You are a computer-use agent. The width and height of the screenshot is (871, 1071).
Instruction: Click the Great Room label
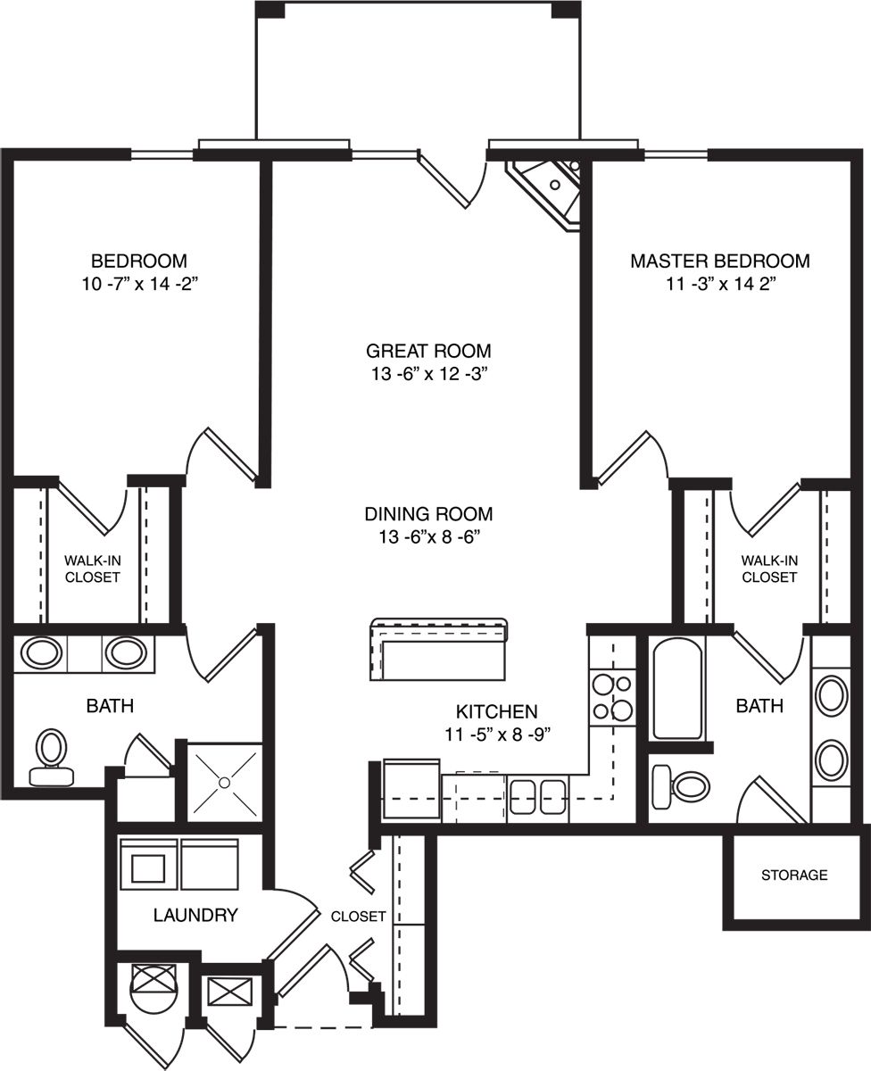[x=428, y=351]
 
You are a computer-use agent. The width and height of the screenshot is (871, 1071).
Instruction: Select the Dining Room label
[x=428, y=514]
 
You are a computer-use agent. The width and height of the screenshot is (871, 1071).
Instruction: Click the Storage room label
[x=794, y=876]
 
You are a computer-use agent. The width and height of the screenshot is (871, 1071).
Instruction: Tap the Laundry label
[x=195, y=915]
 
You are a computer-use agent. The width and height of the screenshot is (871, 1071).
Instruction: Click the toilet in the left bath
[x=52, y=757]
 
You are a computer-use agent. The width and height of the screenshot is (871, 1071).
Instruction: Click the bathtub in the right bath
[x=677, y=692]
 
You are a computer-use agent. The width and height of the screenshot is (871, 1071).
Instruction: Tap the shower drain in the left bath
[x=225, y=783]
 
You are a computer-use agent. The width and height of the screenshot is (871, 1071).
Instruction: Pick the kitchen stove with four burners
[x=612, y=697]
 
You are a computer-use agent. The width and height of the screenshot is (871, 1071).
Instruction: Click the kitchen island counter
[x=438, y=649]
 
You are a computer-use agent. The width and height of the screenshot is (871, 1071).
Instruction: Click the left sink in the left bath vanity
[x=41, y=653]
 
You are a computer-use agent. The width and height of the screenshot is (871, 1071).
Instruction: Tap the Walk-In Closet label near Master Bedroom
[x=769, y=569]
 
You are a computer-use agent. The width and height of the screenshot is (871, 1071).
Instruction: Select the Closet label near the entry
[x=358, y=916]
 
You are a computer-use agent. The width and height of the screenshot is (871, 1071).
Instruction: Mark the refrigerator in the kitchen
[x=411, y=791]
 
